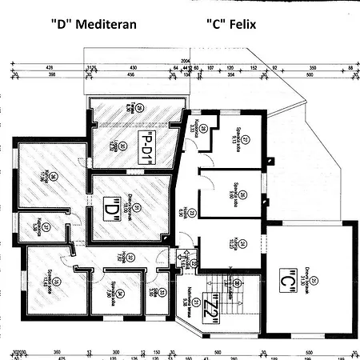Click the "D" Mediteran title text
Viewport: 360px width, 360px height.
click(94, 24)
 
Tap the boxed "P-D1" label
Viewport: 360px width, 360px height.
click(146, 147)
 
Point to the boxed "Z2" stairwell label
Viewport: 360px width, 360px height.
click(212, 307)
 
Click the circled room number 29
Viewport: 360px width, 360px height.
click(139, 109)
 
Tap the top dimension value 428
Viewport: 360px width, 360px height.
click(50, 67)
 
